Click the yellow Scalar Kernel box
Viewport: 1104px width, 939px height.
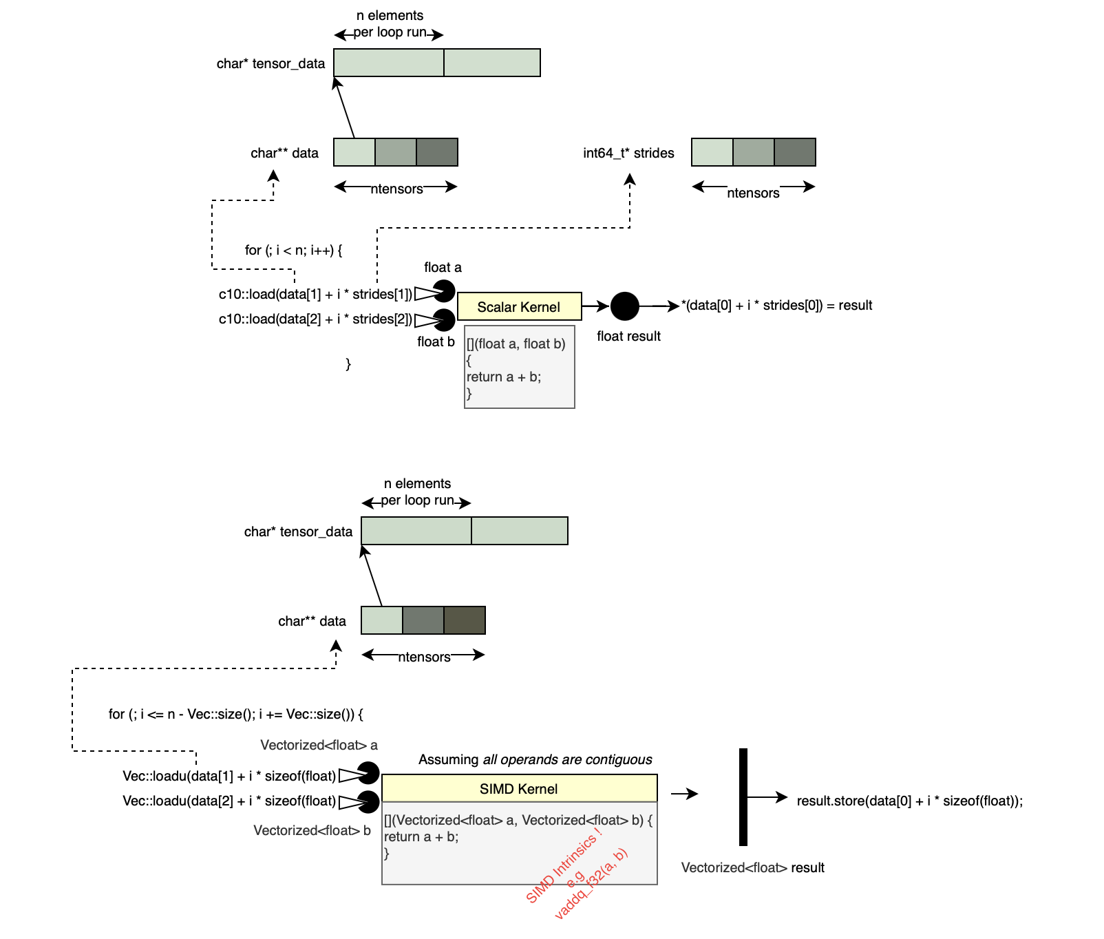pyautogui.click(x=520, y=306)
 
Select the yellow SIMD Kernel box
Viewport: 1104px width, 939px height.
pyautogui.click(x=520, y=788)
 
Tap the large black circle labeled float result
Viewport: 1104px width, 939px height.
pyautogui.click(x=625, y=306)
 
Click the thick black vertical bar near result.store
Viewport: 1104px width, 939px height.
pyautogui.click(x=743, y=797)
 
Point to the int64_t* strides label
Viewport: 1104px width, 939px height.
pyautogui.click(x=628, y=153)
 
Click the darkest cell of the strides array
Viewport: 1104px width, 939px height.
pyautogui.click(x=795, y=152)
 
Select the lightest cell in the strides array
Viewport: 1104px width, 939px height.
pyautogui.click(x=712, y=152)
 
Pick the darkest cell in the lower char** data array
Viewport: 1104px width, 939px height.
pyautogui.click(x=465, y=620)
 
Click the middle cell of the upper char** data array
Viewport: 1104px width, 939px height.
pyautogui.click(x=396, y=152)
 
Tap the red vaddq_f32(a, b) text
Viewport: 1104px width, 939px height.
pyautogui.click(x=591, y=884)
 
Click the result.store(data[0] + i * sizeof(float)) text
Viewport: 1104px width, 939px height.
pyautogui.click(x=910, y=801)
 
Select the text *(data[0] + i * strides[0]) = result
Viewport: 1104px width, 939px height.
pyautogui.click(x=777, y=305)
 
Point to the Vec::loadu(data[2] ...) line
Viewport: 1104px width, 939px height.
pyautogui.click(x=229, y=801)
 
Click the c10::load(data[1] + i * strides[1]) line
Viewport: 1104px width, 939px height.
pyautogui.click(x=316, y=294)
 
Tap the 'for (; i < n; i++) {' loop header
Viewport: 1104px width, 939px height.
pyautogui.click(x=293, y=250)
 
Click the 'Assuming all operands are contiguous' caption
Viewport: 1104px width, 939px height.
pyautogui.click(x=535, y=759)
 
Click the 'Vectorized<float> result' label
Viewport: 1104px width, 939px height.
pyautogui.click(x=753, y=867)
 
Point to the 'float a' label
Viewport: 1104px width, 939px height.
pyautogui.click(x=443, y=267)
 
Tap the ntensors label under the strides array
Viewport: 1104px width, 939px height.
pyautogui.click(x=753, y=193)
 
